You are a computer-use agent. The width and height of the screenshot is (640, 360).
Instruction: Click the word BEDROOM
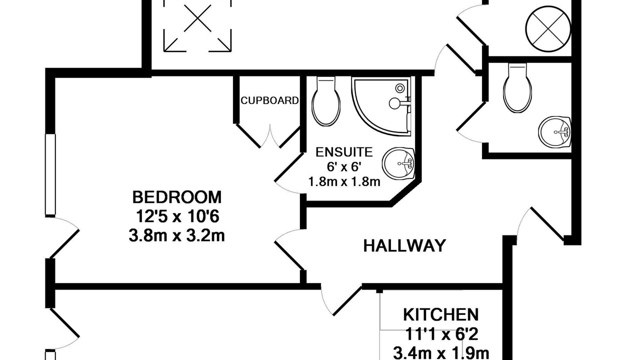coord(177,197)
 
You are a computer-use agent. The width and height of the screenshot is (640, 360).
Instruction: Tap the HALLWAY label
coord(404,245)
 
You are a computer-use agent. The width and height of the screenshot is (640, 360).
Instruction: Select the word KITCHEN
coord(441,315)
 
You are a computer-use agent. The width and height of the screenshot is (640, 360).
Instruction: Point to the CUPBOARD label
coord(269,100)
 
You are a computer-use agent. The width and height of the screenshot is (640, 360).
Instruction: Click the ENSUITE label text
coord(344,152)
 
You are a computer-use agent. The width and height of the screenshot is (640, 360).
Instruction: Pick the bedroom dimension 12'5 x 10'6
coord(177,216)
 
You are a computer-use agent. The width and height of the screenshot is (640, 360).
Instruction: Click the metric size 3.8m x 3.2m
coord(177,236)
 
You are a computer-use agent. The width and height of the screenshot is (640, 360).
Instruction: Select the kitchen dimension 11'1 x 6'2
coord(441,334)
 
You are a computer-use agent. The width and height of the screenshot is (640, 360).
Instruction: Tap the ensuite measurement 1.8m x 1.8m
coord(344,181)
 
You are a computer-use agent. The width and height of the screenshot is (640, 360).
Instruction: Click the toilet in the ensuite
coord(326,101)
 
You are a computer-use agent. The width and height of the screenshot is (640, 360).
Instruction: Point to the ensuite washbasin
coord(399,163)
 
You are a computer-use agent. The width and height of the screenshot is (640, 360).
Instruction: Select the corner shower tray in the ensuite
coord(382,106)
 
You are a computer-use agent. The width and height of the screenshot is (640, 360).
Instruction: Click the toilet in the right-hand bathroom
coord(517,88)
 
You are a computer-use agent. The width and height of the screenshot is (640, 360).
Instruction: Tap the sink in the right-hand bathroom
coord(555,132)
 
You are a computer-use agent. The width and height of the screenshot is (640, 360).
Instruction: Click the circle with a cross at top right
coord(548,29)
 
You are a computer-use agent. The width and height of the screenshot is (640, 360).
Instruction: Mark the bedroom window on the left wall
coord(50,174)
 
